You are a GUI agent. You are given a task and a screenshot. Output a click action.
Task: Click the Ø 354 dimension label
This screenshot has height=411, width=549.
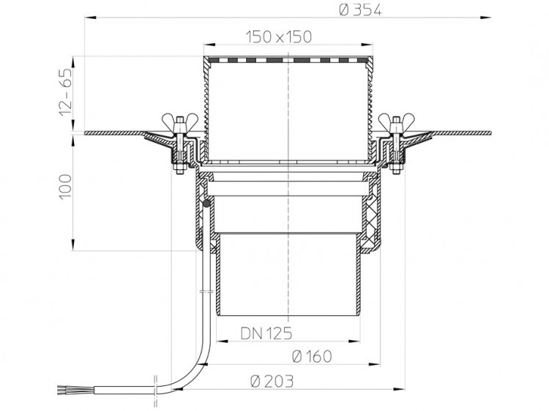[360, 10]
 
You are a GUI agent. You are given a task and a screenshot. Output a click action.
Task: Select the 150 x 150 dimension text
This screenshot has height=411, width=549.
[279, 37]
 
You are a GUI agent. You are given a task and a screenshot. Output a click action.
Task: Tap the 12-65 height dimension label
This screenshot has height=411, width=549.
[65, 92]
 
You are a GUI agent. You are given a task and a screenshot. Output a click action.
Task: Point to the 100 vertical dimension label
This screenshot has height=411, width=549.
[65, 187]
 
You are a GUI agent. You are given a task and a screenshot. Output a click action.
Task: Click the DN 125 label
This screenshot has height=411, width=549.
[266, 333]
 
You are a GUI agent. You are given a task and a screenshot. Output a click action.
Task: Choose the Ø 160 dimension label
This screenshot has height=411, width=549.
[312, 357]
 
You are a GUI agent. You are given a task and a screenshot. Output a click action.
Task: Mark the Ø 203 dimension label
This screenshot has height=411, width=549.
[272, 381]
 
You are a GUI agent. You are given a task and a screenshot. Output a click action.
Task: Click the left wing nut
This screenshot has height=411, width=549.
[179, 120]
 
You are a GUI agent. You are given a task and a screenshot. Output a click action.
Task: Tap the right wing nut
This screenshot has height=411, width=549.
[396, 120]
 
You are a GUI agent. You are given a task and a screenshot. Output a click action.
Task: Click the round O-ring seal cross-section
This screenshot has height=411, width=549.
[206, 203]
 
